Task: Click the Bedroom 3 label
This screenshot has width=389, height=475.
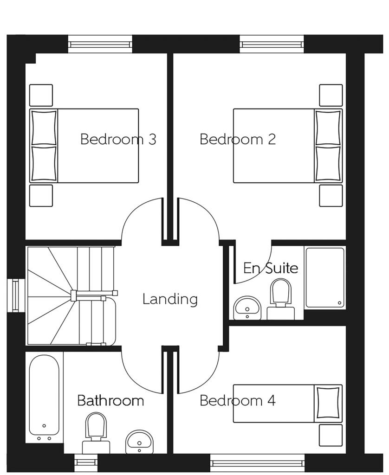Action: point(118,139)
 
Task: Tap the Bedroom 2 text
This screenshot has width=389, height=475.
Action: point(238,139)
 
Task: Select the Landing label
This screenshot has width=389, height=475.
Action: point(170,299)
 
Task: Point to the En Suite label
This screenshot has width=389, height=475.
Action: point(271,268)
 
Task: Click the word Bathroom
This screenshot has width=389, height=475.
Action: point(110,400)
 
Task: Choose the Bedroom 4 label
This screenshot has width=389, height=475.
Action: point(238,400)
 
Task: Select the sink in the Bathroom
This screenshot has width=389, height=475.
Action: point(139,441)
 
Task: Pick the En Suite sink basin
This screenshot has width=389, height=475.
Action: point(248,308)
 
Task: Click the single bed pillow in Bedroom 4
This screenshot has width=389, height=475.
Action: point(329,403)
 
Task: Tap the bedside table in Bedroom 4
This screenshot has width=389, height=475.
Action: point(331,435)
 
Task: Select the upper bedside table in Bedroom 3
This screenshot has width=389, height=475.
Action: point(41,95)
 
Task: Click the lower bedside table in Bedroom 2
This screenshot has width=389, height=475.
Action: point(331,195)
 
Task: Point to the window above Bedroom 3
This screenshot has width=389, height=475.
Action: point(100,45)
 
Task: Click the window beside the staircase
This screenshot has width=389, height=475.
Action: point(16,295)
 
